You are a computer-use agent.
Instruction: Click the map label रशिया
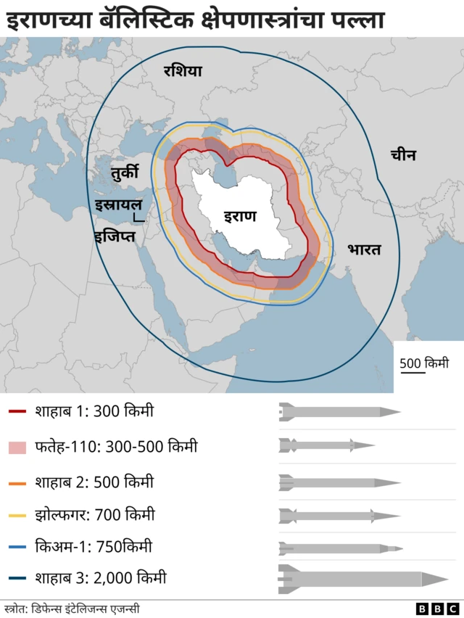(x=183, y=70)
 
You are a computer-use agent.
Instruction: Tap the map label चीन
(x=403, y=154)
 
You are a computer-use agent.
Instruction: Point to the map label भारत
(x=363, y=250)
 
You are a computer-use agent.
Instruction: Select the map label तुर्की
(x=129, y=173)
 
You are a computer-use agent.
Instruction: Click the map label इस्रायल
(x=117, y=205)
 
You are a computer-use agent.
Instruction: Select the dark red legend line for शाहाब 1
(x=18, y=412)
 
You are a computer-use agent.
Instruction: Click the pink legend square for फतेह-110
(x=18, y=447)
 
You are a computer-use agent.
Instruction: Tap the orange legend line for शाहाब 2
(x=18, y=482)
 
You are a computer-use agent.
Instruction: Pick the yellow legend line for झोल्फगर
(x=18, y=516)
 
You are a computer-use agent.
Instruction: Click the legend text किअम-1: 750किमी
(x=93, y=546)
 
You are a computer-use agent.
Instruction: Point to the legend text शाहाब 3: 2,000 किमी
(x=100, y=578)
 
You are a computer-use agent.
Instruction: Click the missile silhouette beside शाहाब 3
(x=362, y=578)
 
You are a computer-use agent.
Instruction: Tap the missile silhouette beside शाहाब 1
(x=339, y=412)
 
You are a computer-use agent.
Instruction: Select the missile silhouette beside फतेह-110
(x=326, y=445)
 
